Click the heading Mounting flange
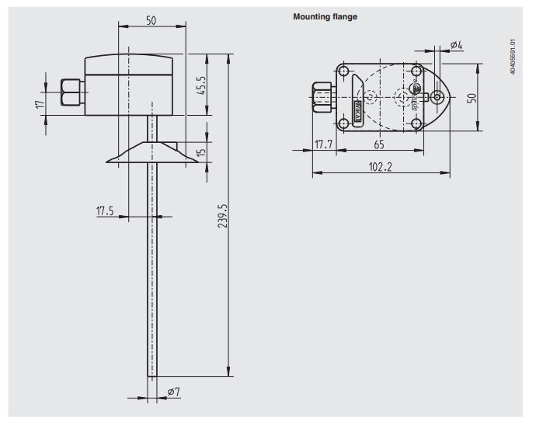(325, 16)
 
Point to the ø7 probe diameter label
(173, 392)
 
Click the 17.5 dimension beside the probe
(105, 211)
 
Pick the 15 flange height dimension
(202, 152)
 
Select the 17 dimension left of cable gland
(40, 104)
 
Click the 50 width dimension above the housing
(151, 21)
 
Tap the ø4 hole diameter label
(456, 45)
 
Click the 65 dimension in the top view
(379, 144)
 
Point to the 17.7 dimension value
(324, 144)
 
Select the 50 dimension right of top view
(471, 97)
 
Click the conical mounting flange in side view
(150, 154)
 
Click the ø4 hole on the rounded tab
(438, 98)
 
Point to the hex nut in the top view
(321, 97)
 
